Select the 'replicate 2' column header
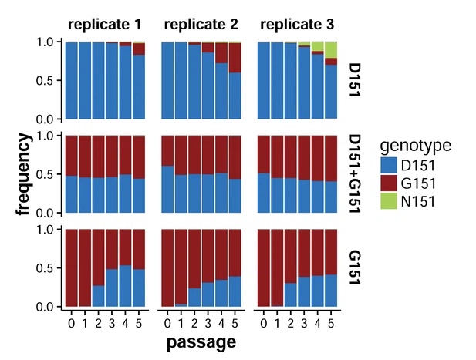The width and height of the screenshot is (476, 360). (x=201, y=25)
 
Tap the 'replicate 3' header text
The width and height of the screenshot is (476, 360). (x=297, y=25)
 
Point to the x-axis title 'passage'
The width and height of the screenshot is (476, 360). (x=201, y=340)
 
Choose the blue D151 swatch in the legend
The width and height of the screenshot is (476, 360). (x=390, y=165)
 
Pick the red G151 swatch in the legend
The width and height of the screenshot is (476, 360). (x=390, y=184)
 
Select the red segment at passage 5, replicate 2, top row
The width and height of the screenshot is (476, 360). (x=235, y=58)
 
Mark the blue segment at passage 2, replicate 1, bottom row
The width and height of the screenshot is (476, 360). (x=98, y=296)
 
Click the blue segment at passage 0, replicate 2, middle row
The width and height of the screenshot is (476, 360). (x=167, y=189)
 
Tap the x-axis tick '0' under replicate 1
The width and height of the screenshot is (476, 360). (x=71, y=321)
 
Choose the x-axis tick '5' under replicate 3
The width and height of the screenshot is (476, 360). (x=331, y=321)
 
